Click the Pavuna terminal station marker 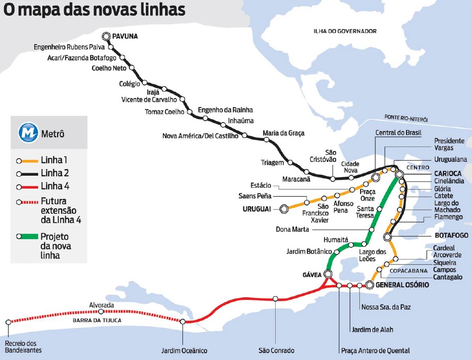[x=106, y=36]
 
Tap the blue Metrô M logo [x=28, y=134]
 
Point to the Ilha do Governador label [x=344, y=31]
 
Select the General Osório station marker [x=370, y=285]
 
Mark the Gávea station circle [x=328, y=274]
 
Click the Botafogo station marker [x=388, y=236]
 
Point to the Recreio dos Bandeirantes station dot [x=8, y=322]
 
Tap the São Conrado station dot [x=275, y=299]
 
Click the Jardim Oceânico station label [x=184, y=350]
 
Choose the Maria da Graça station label [x=283, y=133]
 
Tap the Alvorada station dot [x=101, y=312]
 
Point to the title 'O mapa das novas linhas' [x=95, y=10]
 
